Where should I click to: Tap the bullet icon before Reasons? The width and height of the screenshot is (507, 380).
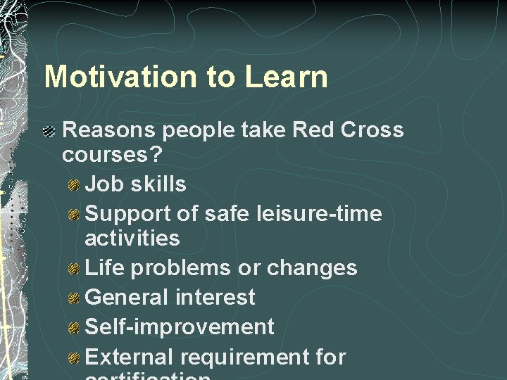[x=49, y=131]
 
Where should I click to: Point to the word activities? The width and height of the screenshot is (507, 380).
[x=132, y=238]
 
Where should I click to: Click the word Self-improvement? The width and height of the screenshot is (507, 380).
[x=179, y=327]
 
